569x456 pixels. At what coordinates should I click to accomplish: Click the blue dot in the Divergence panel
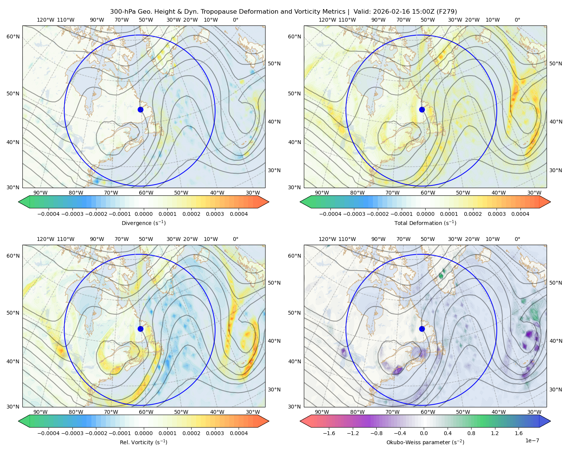pyautogui.click(x=140, y=109)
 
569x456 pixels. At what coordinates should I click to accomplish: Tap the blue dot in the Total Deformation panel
pyautogui.click(x=422, y=109)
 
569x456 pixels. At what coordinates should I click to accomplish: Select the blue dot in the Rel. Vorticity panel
pyautogui.click(x=140, y=329)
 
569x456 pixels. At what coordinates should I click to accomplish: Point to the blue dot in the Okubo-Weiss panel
pyautogui.click(x=422, y=329)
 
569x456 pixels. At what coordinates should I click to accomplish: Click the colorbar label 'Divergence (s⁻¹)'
pyautogui.click(x=143, y=223)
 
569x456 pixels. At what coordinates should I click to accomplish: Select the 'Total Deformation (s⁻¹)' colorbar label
pyautogui.click(x=425, y=223)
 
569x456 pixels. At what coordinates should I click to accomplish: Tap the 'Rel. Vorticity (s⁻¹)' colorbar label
pyautogui.click(x=143, y=442)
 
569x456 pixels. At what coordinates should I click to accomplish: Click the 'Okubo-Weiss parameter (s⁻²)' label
pyautogui.click(x=425, y=442)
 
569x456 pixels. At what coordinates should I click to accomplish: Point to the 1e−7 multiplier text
pyautogui.click(x=532, y=440)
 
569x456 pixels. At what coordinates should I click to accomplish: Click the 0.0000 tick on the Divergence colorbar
pyautogui.click(x=143, y=214)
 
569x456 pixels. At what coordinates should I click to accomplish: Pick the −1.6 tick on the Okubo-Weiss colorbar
pyautogui.click(x=329, y=433)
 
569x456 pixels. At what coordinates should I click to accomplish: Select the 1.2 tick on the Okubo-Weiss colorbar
pyautogui.click(x=495, y=433)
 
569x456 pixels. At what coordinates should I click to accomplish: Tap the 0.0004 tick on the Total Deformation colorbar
pyautogui.click(x=520, y=214)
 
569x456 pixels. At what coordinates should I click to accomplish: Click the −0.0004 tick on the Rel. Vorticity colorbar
pyautogui.click(x=49, y=433)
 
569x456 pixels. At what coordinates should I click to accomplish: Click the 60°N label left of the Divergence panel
pyautogui.click(x=13, y=36)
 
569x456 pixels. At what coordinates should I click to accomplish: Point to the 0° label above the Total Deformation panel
pyautogui.click(x=517, y=20)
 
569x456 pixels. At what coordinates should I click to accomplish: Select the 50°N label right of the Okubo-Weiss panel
pyautogui.click(x=556, y=283)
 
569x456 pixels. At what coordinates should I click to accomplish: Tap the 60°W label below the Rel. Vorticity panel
pyautogui.click(x=146, y=412)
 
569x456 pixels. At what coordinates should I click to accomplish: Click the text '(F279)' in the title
pyautogui.click(x=447, y=12)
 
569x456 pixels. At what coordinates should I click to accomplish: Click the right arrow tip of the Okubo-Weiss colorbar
pyautogui.click(x=551, y=421)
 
